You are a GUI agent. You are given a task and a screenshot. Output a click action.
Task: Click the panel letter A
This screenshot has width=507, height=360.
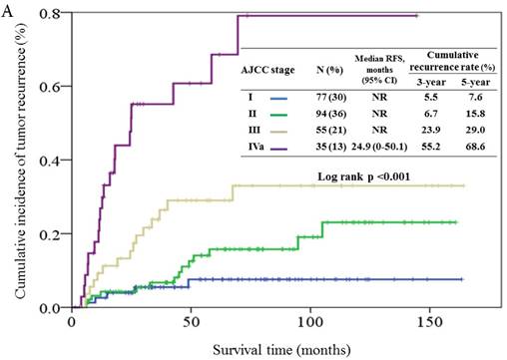point(8,9)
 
